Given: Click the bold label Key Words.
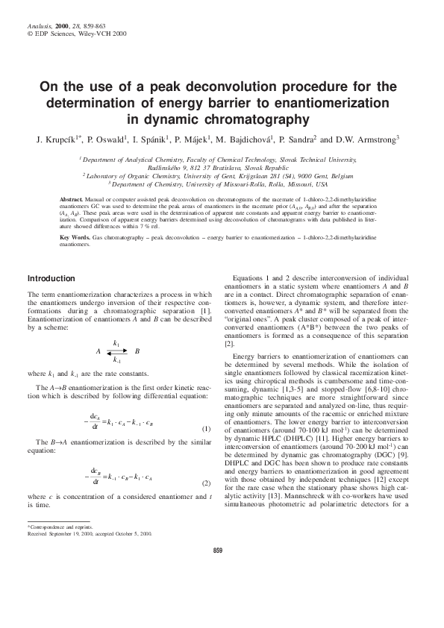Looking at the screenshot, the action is coord(75,236).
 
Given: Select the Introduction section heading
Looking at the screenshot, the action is coord(51,278).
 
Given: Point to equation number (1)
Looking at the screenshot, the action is coord(206,428).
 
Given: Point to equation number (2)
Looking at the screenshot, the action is coord(206,483).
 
